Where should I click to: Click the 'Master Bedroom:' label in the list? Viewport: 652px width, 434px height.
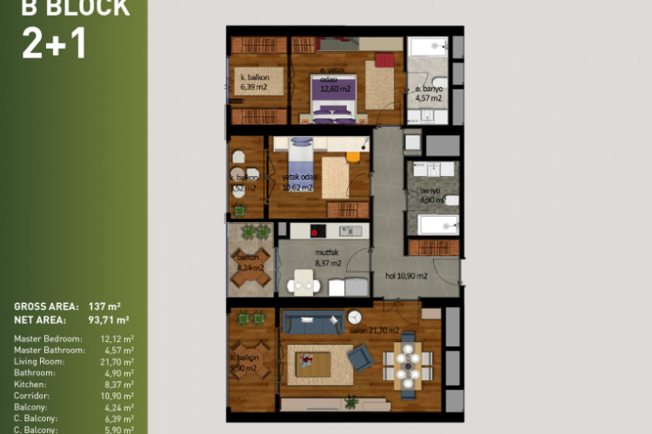tap(48, 338)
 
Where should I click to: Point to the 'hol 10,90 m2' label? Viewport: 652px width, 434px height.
tap(406, 276)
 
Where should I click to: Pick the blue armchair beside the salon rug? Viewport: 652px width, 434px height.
tap(360, 358)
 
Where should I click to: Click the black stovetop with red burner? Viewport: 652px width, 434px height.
tap(317, 231)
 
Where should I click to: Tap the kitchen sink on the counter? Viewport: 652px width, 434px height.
tap(351, 231)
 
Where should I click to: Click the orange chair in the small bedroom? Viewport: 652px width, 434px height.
tap(352, 156)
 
